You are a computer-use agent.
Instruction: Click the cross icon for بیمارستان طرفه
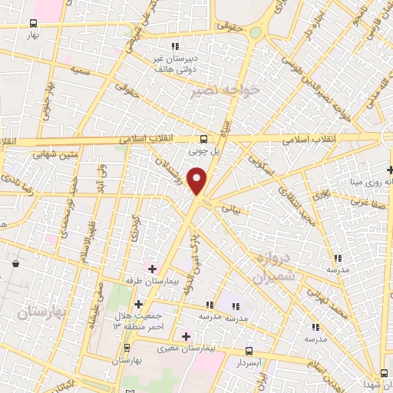(x=152, y=269)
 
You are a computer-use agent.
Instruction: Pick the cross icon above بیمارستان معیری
(x=186, y=335)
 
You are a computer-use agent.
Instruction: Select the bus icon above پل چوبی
(x=203, y=139)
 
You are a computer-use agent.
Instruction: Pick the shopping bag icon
(x=15, y=264)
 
